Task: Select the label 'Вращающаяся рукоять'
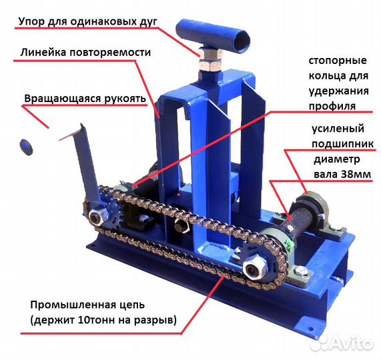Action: tap(85, 99)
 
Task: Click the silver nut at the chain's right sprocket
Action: tap(254, 268)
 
